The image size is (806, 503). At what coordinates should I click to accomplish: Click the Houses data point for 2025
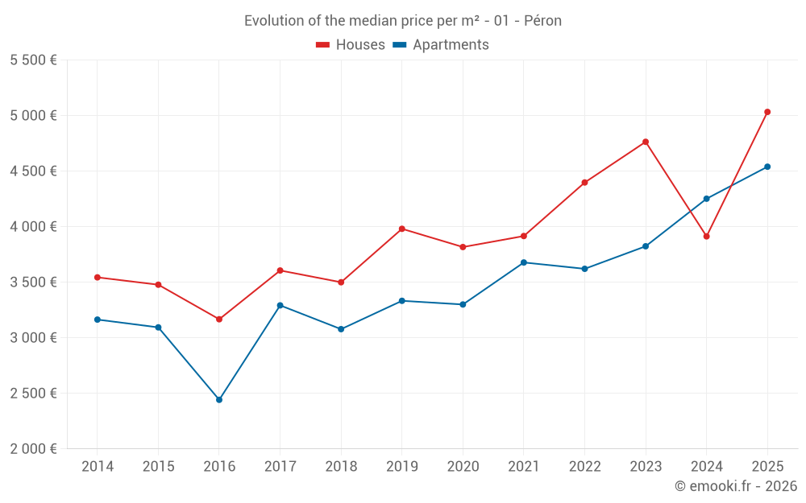767,112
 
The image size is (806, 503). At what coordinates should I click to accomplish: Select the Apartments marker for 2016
219,400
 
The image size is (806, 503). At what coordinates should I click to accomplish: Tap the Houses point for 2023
646,142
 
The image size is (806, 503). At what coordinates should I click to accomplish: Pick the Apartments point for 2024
707,199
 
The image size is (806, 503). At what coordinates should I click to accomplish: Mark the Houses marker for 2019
402,229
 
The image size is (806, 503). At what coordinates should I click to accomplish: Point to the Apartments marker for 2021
524,262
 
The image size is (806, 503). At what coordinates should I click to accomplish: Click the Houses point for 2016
219,320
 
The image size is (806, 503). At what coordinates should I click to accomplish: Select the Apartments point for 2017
280,305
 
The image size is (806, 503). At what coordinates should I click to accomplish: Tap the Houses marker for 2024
707,237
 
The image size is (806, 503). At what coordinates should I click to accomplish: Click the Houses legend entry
351,45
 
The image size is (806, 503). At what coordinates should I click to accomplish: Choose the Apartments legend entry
441,45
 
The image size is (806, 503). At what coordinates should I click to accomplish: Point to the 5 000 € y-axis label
33,115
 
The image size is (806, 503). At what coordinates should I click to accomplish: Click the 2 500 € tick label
33,393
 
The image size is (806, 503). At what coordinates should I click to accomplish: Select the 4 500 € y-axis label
33,171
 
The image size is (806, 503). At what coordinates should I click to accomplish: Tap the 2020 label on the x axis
463,466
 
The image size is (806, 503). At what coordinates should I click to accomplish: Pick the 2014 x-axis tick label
98,466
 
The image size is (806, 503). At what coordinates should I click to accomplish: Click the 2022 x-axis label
584,466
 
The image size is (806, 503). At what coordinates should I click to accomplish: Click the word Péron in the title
542,20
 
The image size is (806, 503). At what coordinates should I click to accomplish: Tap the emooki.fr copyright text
736,486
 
